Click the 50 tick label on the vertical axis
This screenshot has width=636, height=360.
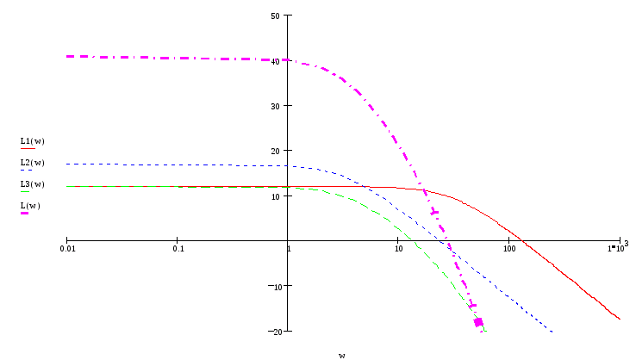point(276,16)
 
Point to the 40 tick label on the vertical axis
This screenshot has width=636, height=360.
point(276,61)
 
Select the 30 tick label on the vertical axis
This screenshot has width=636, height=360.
point(276,106)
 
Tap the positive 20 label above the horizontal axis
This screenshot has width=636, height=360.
point(276,151)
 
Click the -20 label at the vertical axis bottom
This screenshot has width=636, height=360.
point(277,332)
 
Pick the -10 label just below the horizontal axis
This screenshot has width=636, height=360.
point(277,286)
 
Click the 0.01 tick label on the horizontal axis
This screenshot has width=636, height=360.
point(67,249)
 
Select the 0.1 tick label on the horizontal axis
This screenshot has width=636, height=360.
point(178,249)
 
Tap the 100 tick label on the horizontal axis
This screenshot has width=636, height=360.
point(509,249)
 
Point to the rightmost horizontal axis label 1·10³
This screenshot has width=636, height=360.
point(618,248)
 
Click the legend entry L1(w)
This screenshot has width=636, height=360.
point(32,140)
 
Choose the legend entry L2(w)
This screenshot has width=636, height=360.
point(32,162)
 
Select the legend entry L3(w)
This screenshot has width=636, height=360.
point(32,183)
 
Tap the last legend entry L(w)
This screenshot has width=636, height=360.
point(30,205)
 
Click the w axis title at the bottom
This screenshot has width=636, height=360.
point(341,354)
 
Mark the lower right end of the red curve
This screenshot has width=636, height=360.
point(620,320)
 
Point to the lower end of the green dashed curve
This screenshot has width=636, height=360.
point(487,332)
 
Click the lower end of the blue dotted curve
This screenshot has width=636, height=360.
point(552,332)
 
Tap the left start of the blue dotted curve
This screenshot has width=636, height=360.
point(67,164)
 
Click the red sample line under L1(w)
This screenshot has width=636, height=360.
point(28,148)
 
